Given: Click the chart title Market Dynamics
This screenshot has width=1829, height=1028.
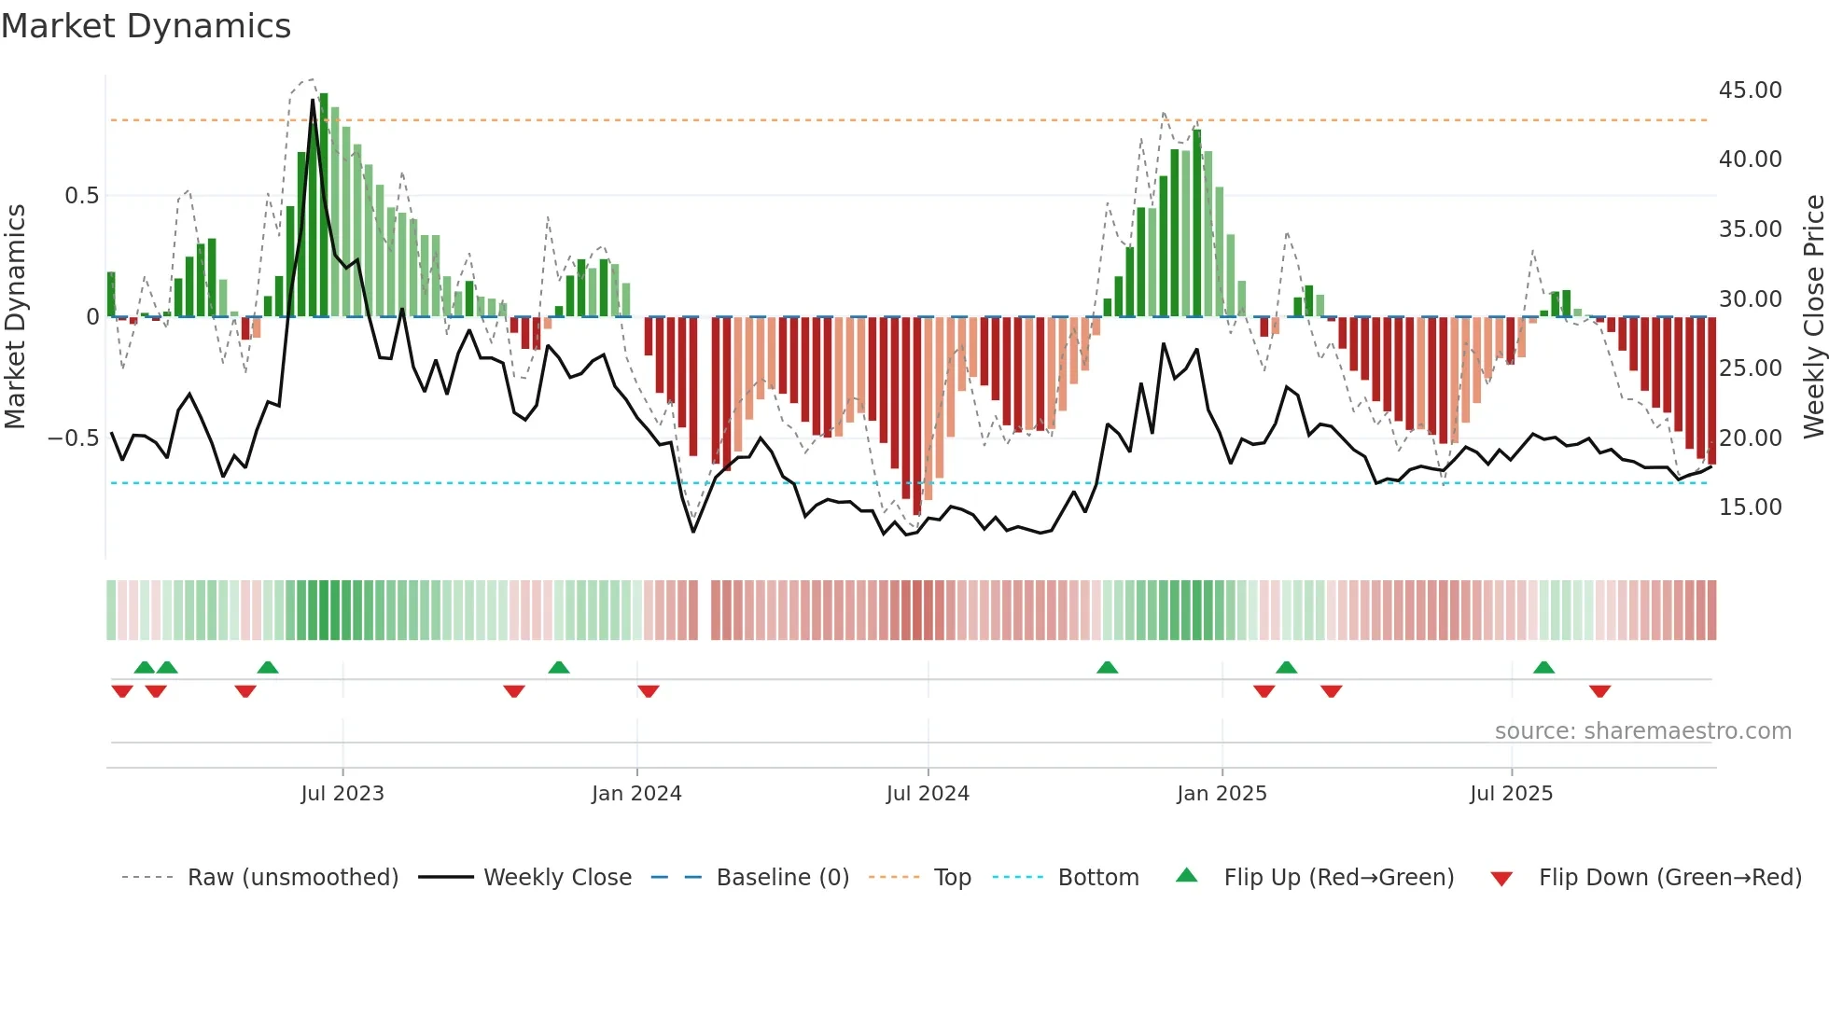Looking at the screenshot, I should pyautogui.click(x=146, y=26).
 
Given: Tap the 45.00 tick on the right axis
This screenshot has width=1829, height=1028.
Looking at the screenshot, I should pyautogui.click(x=1750, y=90).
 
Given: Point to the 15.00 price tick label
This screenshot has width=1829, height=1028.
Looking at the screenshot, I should pyautogui.click(x=1750, y=507).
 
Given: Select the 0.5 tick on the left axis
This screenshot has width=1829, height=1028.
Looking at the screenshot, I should pyautogui.click(x=81, y=196).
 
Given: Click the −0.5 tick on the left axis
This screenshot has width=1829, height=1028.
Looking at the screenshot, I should pyautogui.click(x=74, y=438).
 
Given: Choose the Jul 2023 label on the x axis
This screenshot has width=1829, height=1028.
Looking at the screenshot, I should pyautogui.click(x=342, y=794).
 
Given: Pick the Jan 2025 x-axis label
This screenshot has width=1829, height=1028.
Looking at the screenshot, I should pyautogui.click(x=1222, y=794).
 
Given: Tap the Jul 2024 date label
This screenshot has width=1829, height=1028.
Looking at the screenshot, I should pyautogui.click(x=928, y=794).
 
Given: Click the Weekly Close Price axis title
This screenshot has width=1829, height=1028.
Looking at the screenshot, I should pyautogui.click(x=1813, y=317).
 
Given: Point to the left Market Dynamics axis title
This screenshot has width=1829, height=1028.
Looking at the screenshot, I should pyautogui.click(x=15, y=317).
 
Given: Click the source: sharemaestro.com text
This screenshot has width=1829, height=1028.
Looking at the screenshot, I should pyautogui.click(x=1642, y=731).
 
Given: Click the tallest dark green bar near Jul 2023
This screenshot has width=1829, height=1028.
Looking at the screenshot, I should pyautogui.click(x=324, y=205).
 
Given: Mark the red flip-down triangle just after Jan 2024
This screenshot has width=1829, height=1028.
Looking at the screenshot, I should pyautogui.click(x=649, y=691).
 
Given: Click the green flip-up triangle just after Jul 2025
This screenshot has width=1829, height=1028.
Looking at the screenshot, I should pyautogui.click(x=1543, y=667).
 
